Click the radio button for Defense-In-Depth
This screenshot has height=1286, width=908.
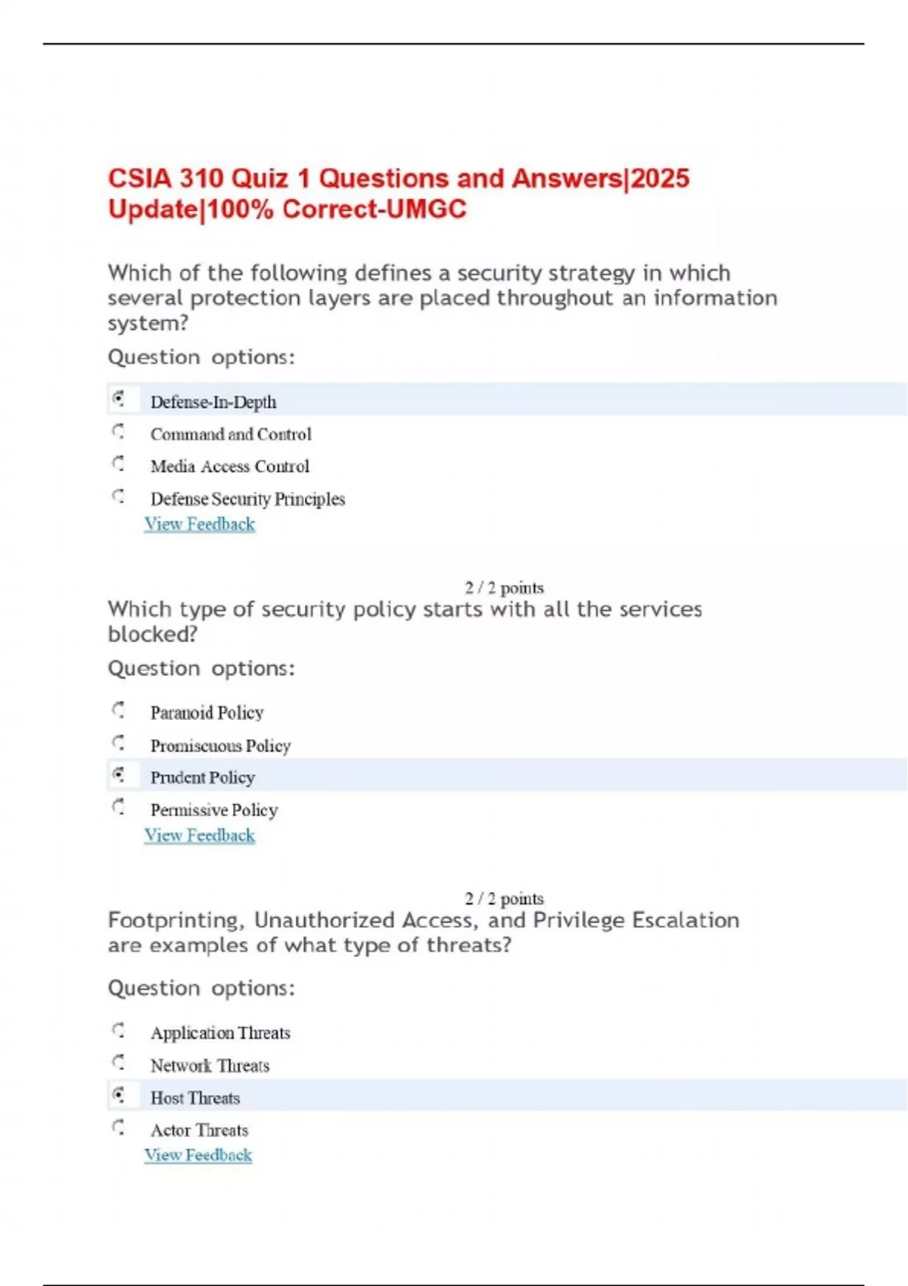pyautogui.click(x=119, y=399)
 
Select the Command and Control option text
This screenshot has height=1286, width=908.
pyautogui.click(x=231, y=434)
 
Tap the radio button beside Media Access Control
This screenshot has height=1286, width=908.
pyautogui.click(x=119, y=463)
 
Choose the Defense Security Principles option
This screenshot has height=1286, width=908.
pyautogui.click(x=247, y=499)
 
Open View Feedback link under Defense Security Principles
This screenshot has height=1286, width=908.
pyautogui.click(x=200, y=524)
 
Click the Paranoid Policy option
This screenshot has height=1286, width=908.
pyautogui.click(x=207, y=713)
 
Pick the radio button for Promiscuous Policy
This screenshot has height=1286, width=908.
pyautogui.click(x=119, y=743)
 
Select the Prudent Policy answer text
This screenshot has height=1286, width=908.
pyautogui.click(x=203, y=778)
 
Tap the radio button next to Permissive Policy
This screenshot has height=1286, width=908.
pyautogui.click(x=119, y=807)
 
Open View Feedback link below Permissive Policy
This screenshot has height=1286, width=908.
pyautogui.click(x=200, y=835)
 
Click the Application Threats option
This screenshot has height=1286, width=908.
pyautogui.click(x=220, y=1033)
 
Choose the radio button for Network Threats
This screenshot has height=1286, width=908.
pyautogui.click(x=119, y=1063)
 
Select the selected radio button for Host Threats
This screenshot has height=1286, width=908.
pyautogui.click(x=119, y=1095)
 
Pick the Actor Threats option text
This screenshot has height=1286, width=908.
pyautogui.click(x=199, y=1130)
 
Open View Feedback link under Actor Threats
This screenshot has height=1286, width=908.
pyautogui.click(x=198, y=1155)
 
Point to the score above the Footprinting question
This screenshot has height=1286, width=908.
pyautogui.click(x=504, y=899)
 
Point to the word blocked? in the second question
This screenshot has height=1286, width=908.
pyautogui.click(x=153, y=634)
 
